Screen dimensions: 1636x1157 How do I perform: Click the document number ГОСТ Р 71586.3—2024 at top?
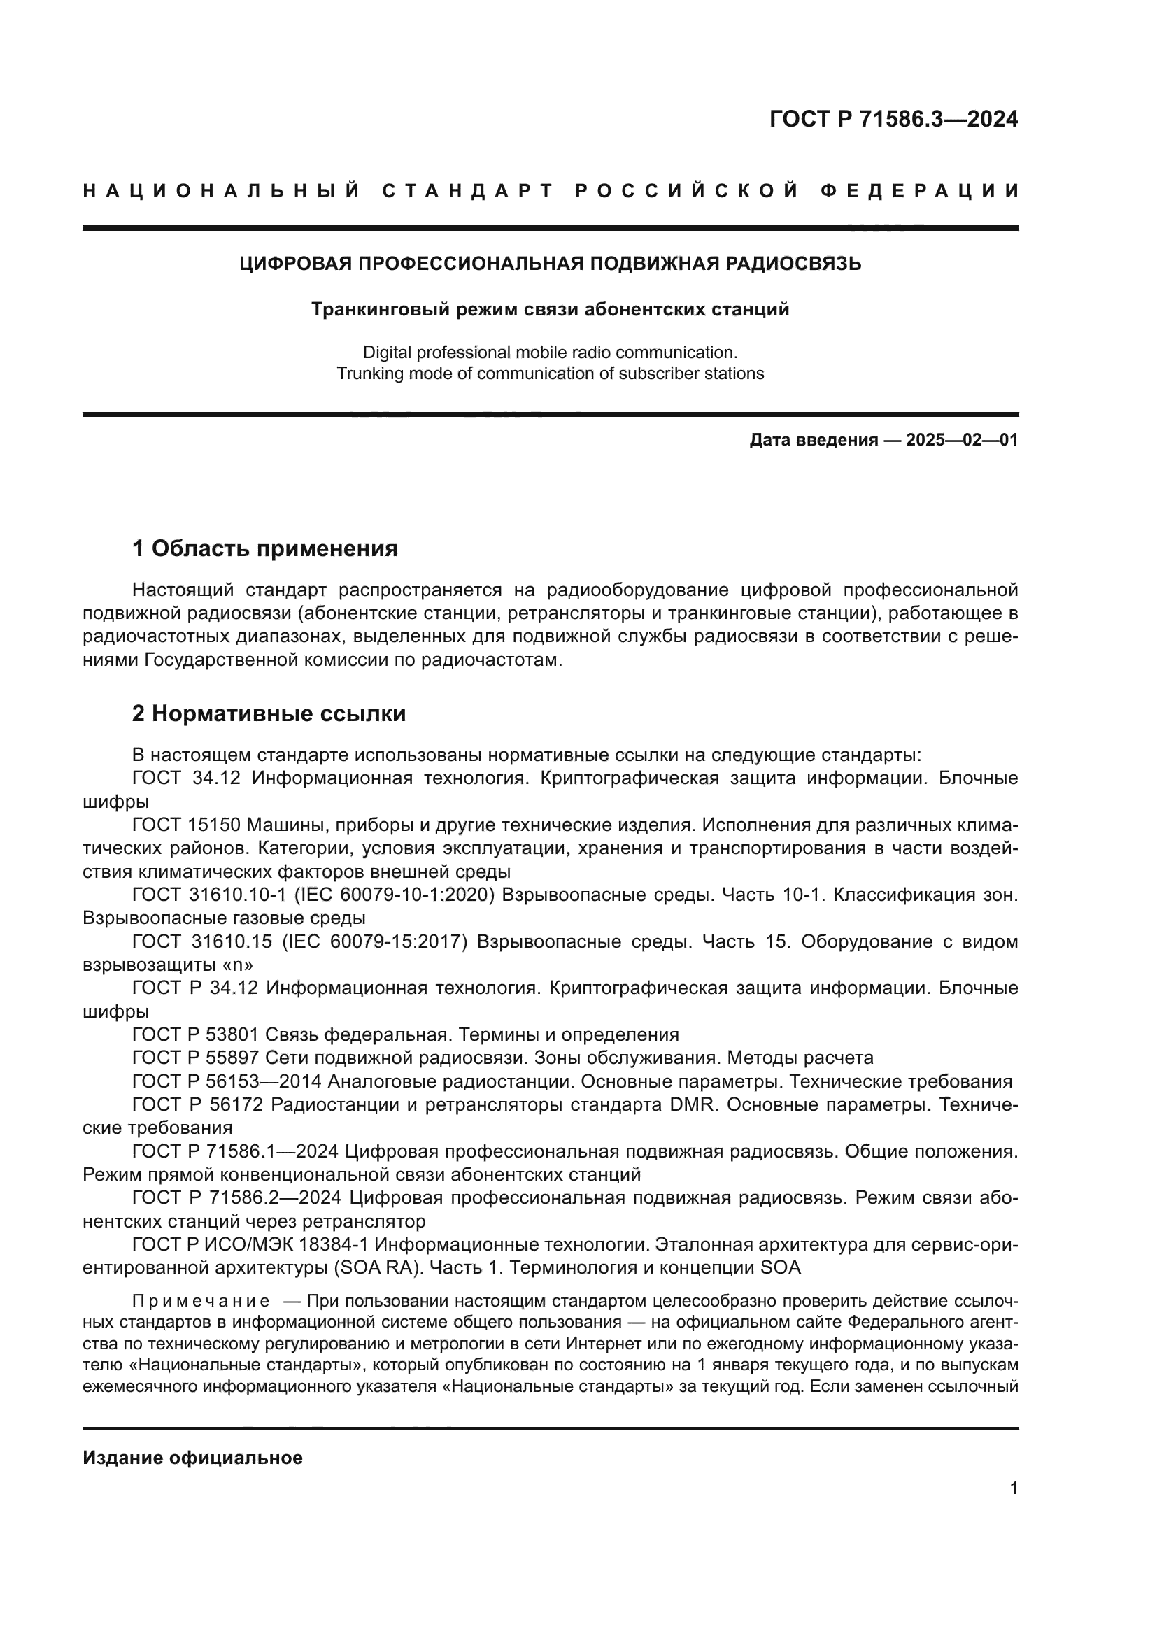[893, 119]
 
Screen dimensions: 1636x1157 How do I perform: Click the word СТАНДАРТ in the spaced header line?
[468, 191]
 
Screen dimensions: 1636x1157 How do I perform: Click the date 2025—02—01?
[962, 440]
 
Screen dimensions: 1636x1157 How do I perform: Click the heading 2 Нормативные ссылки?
[269, 713]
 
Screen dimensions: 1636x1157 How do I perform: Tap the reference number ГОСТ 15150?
[187, 825]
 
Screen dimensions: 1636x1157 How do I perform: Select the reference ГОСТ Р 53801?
[195, 1034]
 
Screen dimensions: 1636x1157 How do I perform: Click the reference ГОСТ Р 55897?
[195, 1058]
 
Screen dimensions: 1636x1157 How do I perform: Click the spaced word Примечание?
[201, 1301]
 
